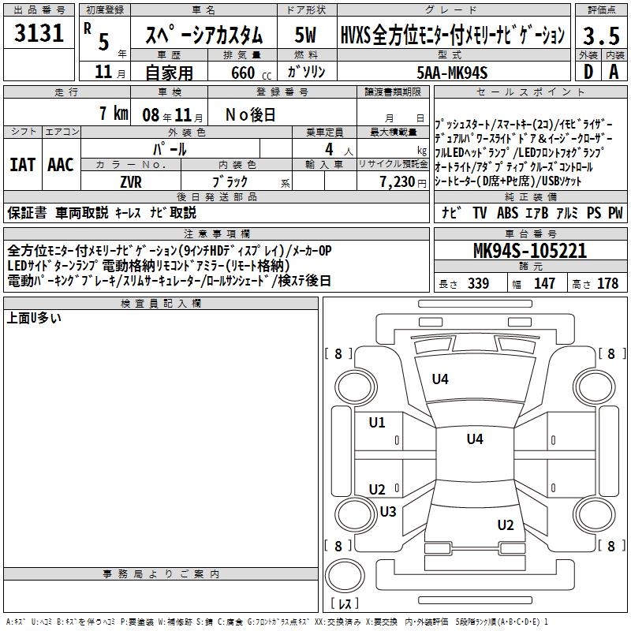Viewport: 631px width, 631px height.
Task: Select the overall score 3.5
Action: pos(599,35)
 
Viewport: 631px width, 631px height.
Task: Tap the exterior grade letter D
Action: pos(588,72)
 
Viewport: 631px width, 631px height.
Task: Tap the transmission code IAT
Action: pos(21,165)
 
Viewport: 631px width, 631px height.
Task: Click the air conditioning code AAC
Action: pos(61,165)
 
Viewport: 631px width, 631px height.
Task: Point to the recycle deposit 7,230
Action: pos(398,182)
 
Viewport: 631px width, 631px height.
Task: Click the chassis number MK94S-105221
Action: pos(529,252)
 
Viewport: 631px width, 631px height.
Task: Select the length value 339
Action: pos(478,284)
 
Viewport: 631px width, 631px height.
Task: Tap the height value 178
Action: pos(607,284)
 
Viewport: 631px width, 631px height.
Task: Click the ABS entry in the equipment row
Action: pos(506,212)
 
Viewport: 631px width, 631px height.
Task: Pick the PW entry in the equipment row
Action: pos(614,212)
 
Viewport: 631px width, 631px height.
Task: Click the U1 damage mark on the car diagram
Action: pos(377,423)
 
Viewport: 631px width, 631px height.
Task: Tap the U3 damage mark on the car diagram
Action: pos(387,512)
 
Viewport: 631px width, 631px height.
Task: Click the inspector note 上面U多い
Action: pos(34,319)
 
